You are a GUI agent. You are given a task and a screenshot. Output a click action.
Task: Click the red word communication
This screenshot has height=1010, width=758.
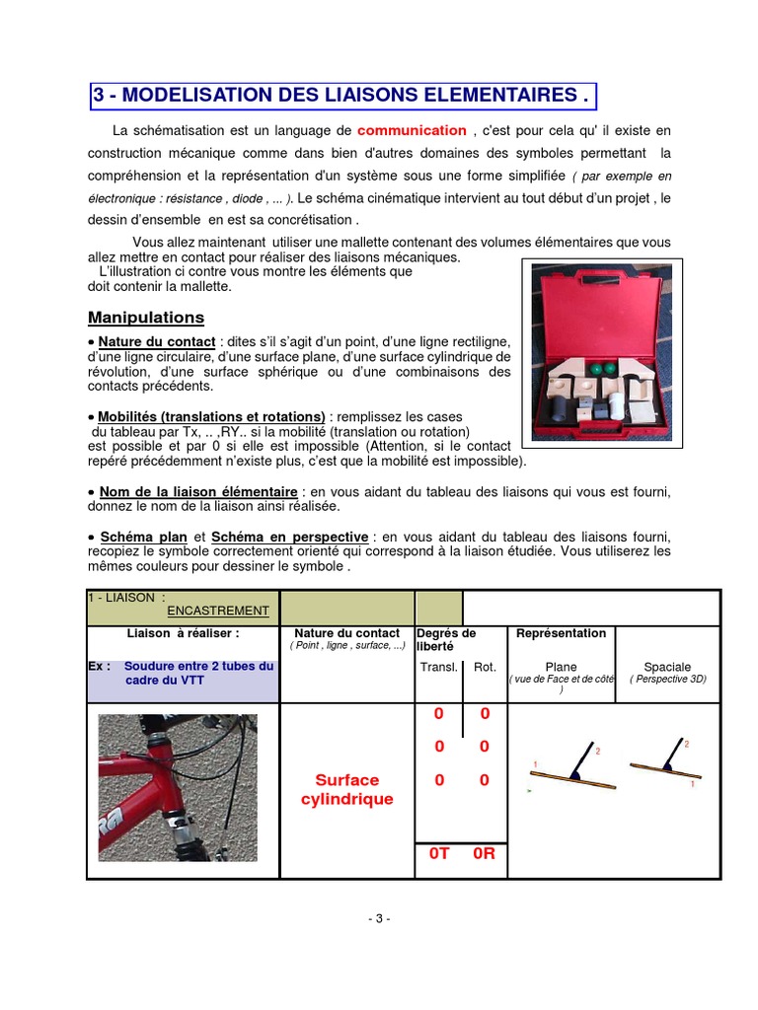412,130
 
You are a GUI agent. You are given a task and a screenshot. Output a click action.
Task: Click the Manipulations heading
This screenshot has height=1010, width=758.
146,318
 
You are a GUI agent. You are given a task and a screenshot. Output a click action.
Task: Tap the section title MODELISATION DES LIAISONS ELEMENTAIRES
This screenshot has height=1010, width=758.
343,97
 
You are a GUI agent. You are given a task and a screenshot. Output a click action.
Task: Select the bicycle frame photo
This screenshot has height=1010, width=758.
178,788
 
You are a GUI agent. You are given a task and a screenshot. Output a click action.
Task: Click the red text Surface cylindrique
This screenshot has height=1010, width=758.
346,789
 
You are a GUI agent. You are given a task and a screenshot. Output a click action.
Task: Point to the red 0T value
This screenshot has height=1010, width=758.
439,854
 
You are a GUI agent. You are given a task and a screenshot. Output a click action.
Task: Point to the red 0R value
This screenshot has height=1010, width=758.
484,854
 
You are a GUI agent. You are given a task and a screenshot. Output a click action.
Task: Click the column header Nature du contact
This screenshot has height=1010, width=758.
347,633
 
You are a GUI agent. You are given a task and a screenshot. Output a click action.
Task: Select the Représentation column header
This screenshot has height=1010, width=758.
562,633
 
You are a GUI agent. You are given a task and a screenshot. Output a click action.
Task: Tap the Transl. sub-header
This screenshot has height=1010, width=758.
439,668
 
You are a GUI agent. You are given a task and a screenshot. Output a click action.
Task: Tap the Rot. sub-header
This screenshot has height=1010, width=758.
485,668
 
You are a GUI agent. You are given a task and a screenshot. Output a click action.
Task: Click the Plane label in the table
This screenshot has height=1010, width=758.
561,668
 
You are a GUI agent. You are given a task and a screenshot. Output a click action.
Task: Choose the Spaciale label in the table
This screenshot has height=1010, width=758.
667,668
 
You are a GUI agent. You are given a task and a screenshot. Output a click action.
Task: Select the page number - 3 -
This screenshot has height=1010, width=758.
379,918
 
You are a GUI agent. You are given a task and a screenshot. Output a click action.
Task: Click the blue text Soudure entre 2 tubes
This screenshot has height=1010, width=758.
198,667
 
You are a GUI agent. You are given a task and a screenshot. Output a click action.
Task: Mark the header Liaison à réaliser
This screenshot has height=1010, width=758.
184,633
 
